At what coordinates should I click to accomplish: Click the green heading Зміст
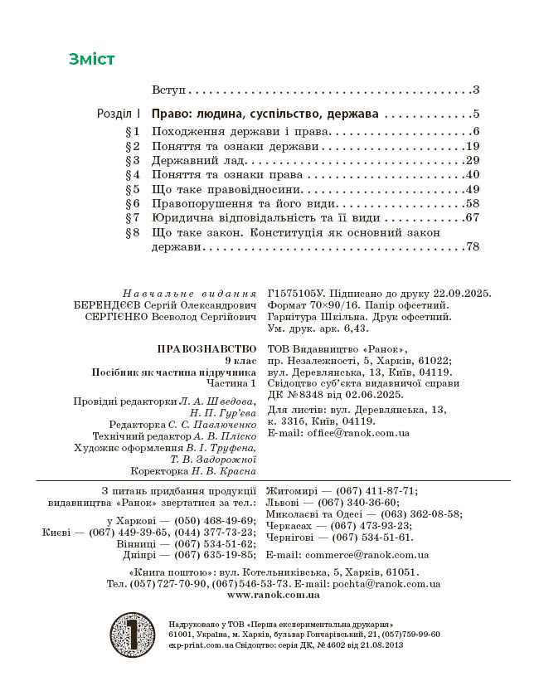92,59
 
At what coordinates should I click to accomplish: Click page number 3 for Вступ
476,90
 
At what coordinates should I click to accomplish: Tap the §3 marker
133,160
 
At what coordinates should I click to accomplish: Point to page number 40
473,174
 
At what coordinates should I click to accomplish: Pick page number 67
473,218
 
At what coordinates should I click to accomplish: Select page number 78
473,247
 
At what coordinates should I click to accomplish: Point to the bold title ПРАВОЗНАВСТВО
206,348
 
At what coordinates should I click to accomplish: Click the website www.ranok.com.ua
273,595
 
